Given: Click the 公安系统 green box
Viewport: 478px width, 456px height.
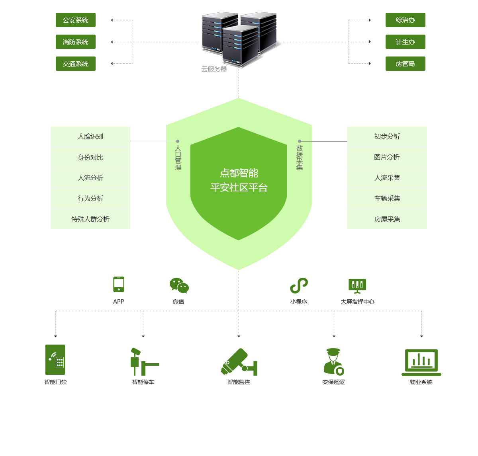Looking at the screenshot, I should (x=76, y=20).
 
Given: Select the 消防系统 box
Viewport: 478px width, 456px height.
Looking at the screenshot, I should (x=76, y=42).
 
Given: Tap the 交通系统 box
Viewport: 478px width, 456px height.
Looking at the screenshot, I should (x=76, y=64).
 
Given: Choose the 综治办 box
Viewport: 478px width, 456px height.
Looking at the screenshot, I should (x=405, y=20).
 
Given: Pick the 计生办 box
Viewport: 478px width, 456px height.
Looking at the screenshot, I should (x=405, y=42).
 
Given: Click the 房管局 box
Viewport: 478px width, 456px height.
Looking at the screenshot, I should (x=405, y=64).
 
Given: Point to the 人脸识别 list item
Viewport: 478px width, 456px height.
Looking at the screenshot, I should (x=90, y=136).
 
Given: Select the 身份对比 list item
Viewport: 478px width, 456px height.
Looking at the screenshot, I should (x=90, y=158).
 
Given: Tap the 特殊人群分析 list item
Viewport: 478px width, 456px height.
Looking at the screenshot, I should (x=90, y=219).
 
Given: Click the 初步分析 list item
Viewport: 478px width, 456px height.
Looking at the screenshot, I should (x=387, y=136).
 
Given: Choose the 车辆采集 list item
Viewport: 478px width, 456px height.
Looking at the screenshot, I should (x=387, y=199).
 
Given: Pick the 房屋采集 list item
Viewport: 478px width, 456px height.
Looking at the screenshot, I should (x=387, y=219).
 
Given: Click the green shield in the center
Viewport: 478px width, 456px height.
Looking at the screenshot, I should (x=239, y=183).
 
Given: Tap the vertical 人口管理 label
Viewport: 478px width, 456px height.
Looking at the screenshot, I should (x=178, y=158).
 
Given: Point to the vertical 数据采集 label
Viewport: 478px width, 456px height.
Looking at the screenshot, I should (x=300, y=158).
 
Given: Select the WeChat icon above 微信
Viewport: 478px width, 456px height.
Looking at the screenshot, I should (x=179, y=286).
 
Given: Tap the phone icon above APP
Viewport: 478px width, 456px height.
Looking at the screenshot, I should (x=119, y=285).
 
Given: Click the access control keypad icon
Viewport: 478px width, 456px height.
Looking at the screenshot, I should (x=55, y=360).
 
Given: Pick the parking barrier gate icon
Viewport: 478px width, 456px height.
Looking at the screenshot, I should (x=143, y=361).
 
